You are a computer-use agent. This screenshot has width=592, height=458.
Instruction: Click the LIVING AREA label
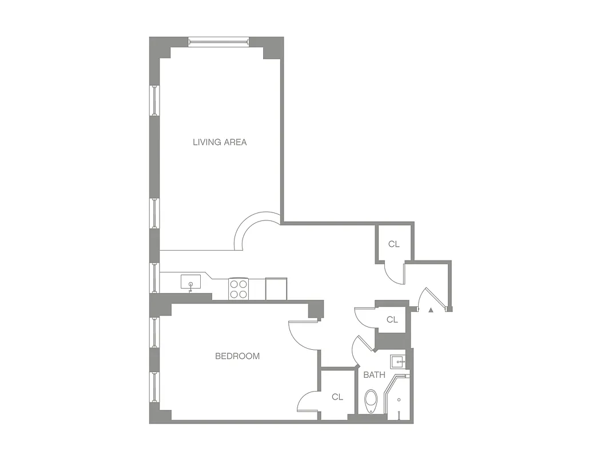click(220, 142)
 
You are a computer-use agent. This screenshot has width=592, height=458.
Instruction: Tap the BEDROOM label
click(237, 356)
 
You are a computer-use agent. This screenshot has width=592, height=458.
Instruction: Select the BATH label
click(374, 375)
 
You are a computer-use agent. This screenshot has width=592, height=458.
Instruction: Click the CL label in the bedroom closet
click(337, 397)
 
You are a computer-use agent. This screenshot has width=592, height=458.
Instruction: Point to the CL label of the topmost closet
click(394, 244)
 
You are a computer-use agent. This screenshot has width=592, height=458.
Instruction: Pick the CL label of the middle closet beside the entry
click(392, 319)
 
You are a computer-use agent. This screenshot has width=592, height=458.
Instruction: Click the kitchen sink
click(190, 282)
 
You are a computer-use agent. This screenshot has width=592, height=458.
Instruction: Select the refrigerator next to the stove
click(276, 288)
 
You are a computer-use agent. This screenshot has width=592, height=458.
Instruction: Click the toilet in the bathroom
click(371, 401)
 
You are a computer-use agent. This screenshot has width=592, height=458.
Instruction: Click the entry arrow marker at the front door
click(430, 310)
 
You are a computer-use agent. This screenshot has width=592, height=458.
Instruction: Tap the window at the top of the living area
click(219, 41)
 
